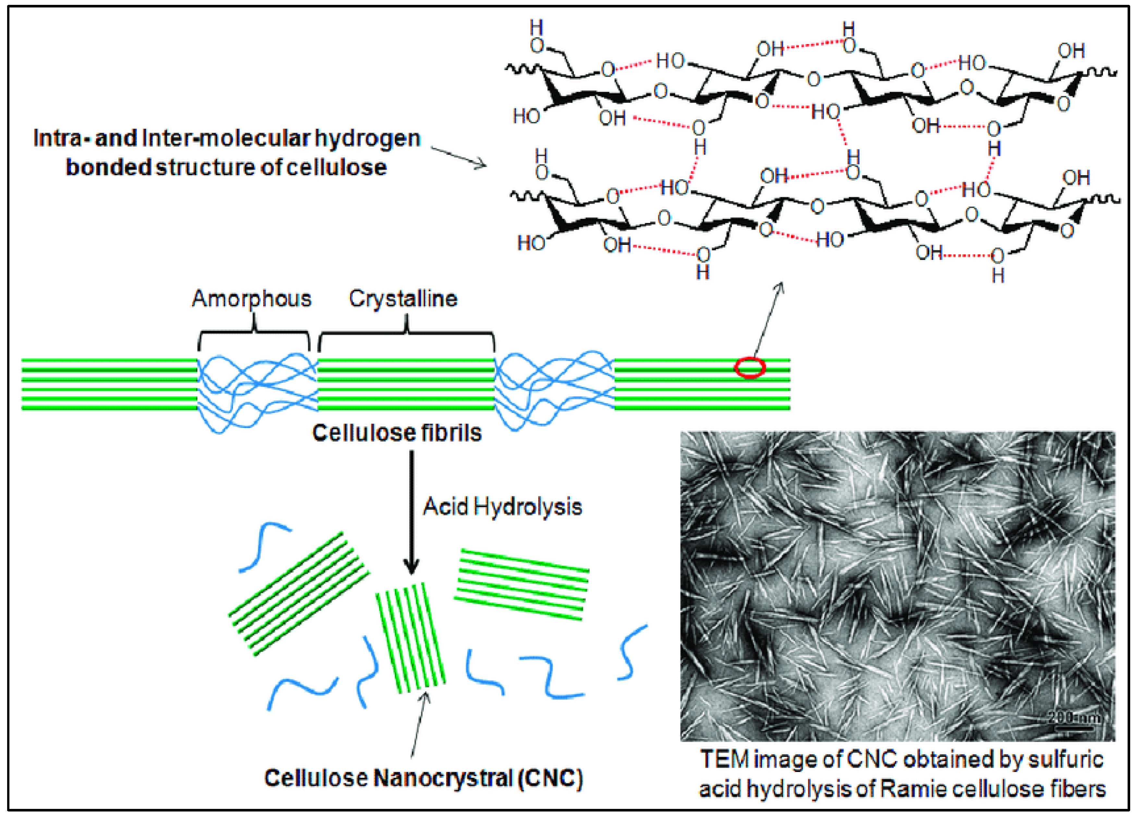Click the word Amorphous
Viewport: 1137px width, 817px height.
coord(252,299)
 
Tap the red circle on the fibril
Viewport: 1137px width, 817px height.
coord(750,367)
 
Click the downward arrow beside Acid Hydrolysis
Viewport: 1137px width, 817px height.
coord(411,511)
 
